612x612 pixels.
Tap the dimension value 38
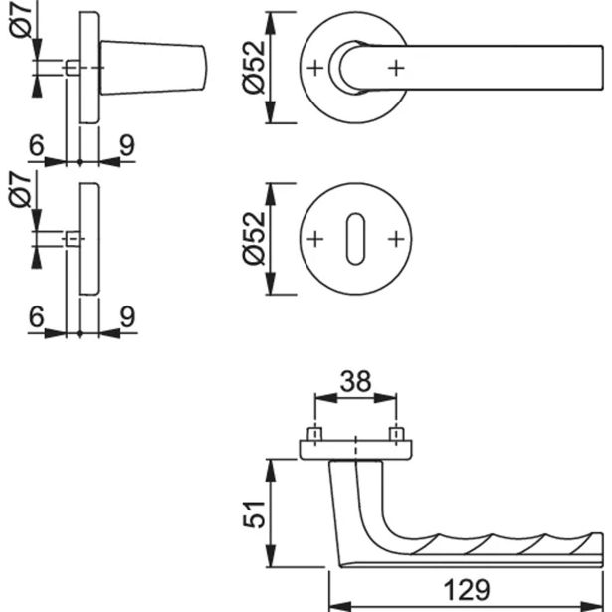click(x=354, y=381)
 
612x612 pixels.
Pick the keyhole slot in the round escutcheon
click(x=355, y=240)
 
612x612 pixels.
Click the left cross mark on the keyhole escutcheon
click(x=315, y=239)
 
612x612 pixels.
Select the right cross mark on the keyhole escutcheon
click(x=396, y=239)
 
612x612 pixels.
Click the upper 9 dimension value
click(x=126, y=145)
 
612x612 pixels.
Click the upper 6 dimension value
click(x=37, y=145)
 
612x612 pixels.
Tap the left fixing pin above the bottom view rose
click(x=314, y=436)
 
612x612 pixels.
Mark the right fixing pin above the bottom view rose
click(x=396, y=436)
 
